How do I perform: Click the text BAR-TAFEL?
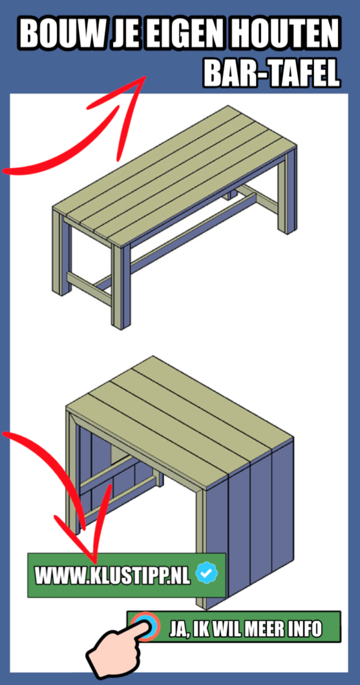[x=272, y=74]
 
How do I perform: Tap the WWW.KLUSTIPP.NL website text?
[x=112, y=575]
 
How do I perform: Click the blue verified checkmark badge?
[x=207, y=573]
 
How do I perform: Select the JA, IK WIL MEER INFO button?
[x=245, y=628]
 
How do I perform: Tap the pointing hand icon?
[x=117, y=652]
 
